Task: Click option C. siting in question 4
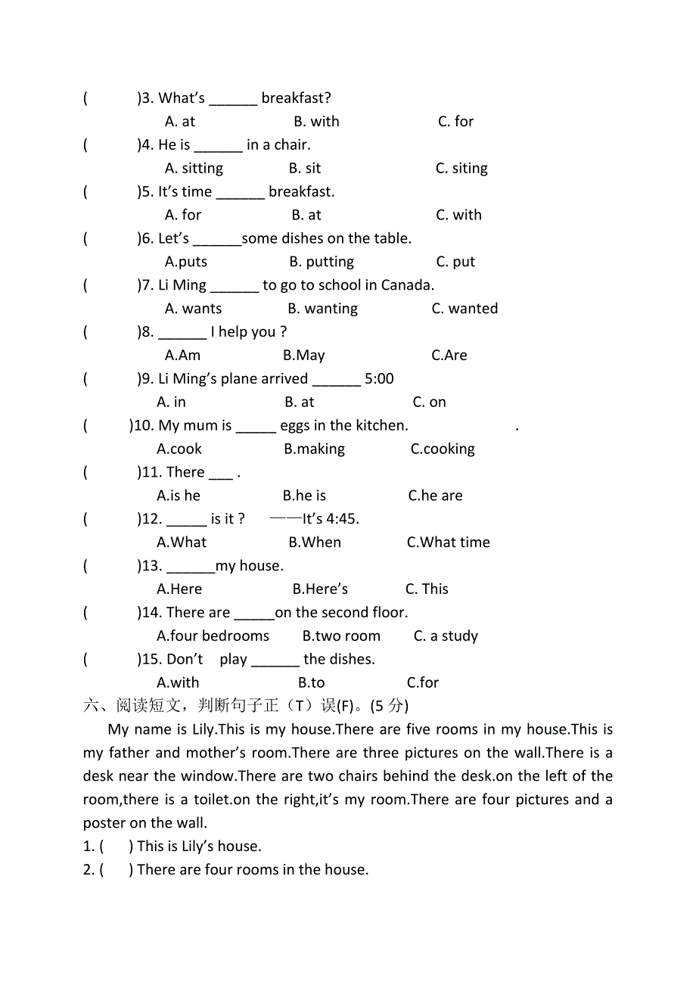[x=461, y=168]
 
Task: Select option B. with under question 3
[x=316, y=121]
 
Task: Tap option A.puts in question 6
[x=186, y=262]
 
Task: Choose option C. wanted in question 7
[x=465, y=309]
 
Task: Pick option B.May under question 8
[x=303, y=356]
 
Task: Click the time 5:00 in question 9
[x=379, y=379]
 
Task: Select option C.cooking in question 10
[x=443, y=449]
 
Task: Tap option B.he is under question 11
[x=304, y=496]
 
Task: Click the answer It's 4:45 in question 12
[x=331, y=519]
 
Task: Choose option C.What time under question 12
[x=448, y=542]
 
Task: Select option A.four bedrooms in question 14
[x=213, y=636]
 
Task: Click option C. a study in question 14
[x=446, y=636]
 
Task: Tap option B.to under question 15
[x=311, y=683]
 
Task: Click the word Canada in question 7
[x=409, y=285]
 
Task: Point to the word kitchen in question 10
[x=382, y=426]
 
